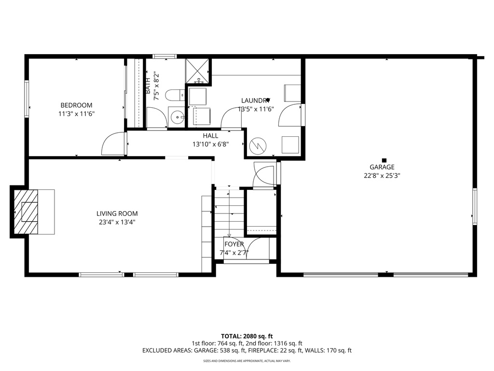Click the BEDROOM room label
[76, 105]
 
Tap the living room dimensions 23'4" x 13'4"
[117, 223]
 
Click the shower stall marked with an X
[197, 71]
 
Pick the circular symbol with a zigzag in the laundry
[259, 144]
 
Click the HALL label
[210, 136]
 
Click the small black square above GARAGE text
[384, 160]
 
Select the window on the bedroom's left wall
[27, 95]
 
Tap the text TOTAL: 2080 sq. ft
[247, 336]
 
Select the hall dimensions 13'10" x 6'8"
[210, 144]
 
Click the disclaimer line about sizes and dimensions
[247, 361]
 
